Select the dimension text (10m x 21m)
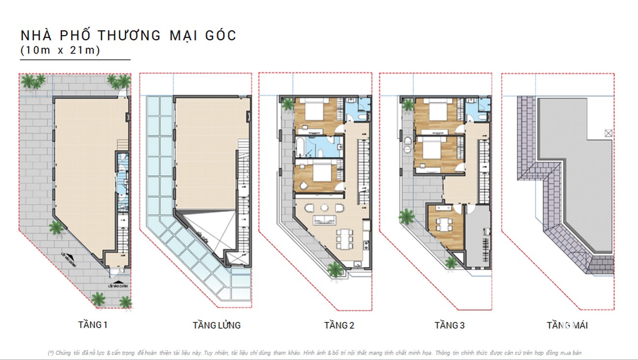(x=60, y=50)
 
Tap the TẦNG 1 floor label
(x=92, y=324)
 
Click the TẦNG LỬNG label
(x=216, y=325)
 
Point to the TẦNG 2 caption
(x=339, y=325)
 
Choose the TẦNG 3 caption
(x=449, y=325)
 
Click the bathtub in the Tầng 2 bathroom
(x=299, y=146)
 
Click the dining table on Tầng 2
(x=344, y=240)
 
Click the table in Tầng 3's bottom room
(x=445, y=225)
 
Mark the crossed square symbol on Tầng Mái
(x=608, y=132)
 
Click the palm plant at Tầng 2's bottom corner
(x=335, y=269)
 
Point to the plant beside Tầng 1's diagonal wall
(x=56, y=227)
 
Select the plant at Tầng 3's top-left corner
(x=407, y=104)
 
